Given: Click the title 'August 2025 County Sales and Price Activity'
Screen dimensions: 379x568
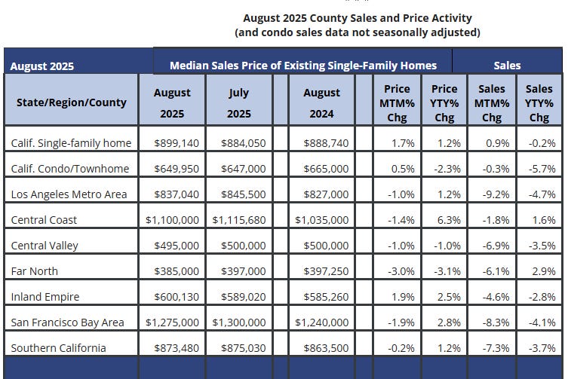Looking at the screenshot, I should (x=357, y=17).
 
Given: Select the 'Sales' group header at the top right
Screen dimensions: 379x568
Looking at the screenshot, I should (x=507, y=66).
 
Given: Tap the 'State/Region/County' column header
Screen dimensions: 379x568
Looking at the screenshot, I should (x=72, y=99).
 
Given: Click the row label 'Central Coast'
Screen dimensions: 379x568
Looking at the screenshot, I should (x=45, y=220).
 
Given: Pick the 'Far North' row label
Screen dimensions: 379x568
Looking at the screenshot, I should (x=35, y=271).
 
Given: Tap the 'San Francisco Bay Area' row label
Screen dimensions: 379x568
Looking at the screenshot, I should (x=68, y=322).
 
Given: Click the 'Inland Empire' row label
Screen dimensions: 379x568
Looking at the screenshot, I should (x=45, y=297).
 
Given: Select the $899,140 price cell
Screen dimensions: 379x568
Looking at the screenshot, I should (x=177, y=143).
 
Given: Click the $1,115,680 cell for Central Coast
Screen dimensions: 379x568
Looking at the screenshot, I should (x=239, y=220).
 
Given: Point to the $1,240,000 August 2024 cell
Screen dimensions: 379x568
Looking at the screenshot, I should (x=322, y=322).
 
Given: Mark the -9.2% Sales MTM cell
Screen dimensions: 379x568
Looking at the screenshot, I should (x=490, y=194).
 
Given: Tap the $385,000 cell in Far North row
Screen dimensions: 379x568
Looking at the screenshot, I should (x=177, y=271).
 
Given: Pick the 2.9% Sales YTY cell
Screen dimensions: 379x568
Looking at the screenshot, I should (x=540, y=271).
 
